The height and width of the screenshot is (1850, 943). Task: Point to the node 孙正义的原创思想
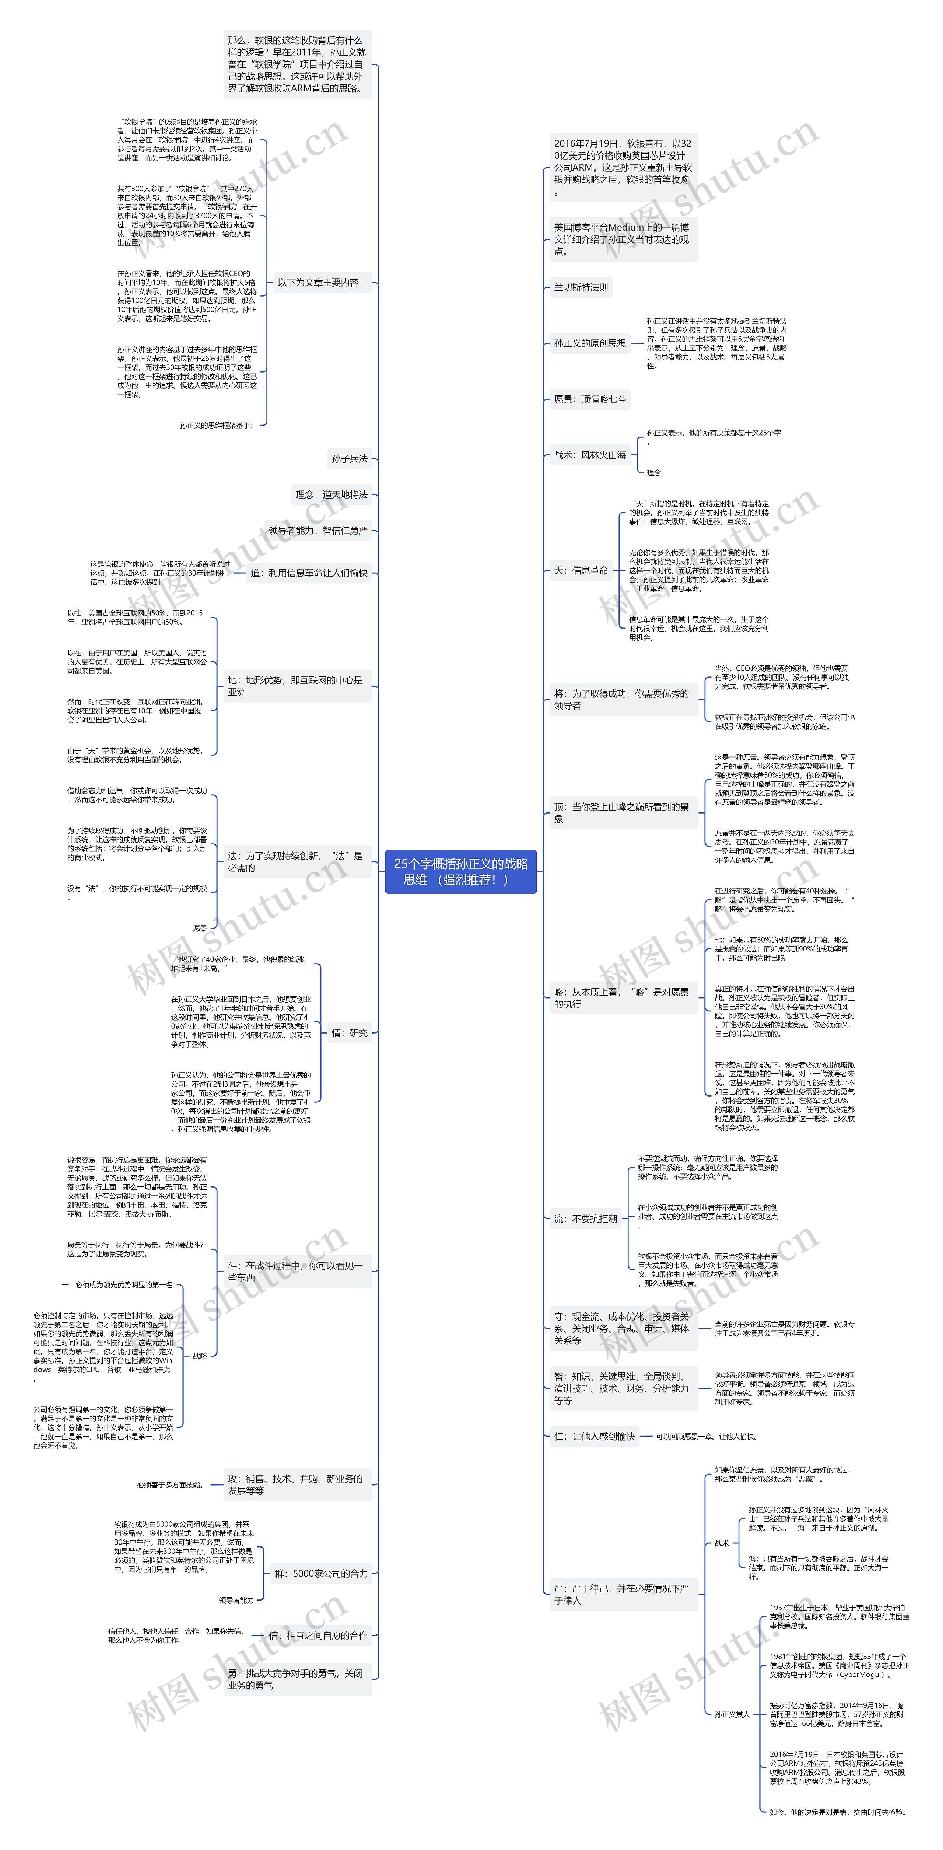590,343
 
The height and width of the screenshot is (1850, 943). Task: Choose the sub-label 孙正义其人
731,1714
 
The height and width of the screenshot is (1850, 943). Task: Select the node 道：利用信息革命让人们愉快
309,573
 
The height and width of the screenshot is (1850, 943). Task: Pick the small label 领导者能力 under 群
236,1600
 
